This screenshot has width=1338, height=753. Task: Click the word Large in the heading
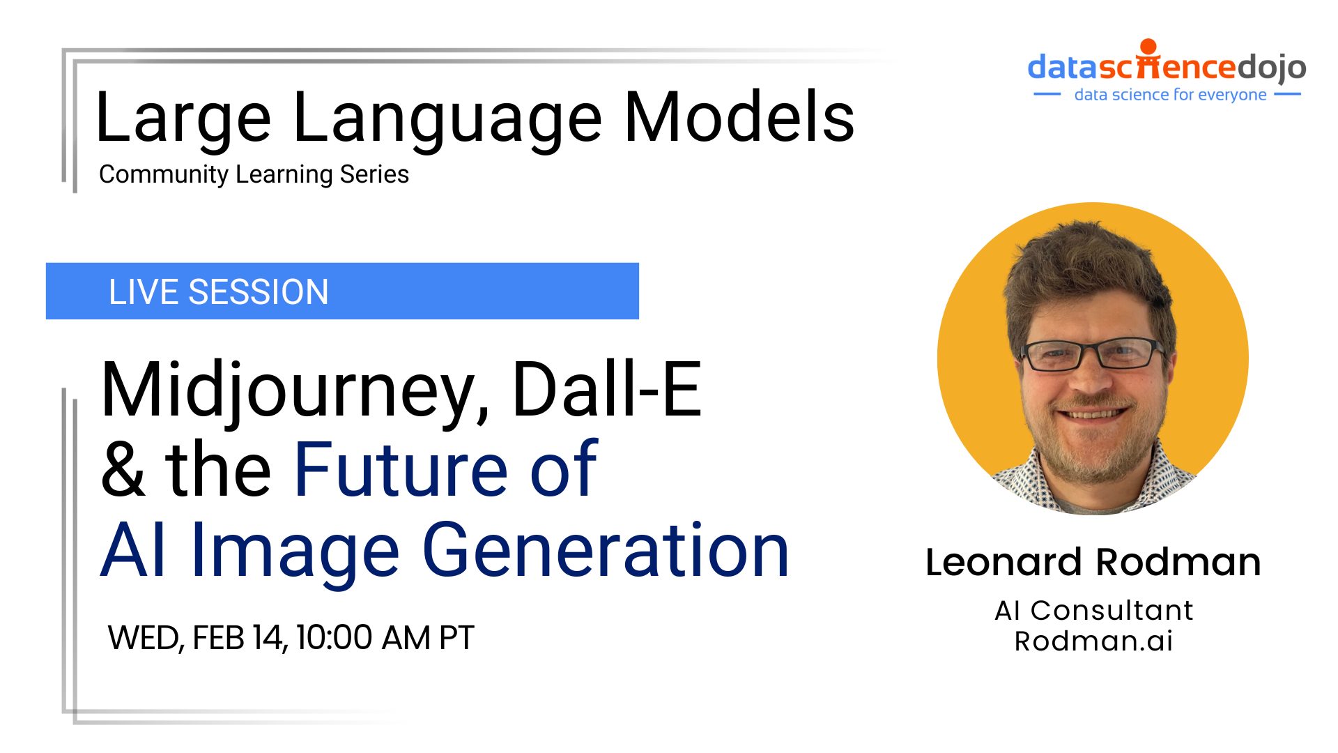pos(183,119)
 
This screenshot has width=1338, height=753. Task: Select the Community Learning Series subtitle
pos(254,174)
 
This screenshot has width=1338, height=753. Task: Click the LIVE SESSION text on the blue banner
pos(218,291)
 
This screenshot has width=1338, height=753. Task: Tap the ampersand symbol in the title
pos(123,469)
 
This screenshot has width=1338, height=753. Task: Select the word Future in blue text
pos(401,469)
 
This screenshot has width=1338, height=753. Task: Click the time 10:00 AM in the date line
pos(363,637)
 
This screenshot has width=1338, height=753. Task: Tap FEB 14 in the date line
pos(237,637)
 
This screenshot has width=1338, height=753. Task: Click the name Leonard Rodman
pos(1093,562)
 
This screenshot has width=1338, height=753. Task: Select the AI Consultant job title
pos(1093,610)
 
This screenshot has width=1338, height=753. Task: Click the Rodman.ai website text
pos(1093,641)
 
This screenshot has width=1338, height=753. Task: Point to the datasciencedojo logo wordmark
pos(1167,67)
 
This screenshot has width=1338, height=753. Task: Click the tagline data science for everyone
pos(1170,95)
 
